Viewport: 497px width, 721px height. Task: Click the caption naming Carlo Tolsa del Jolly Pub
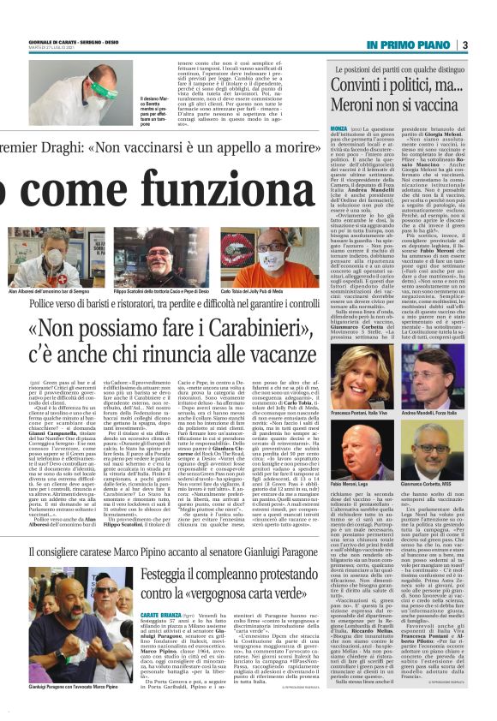[260, 293]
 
